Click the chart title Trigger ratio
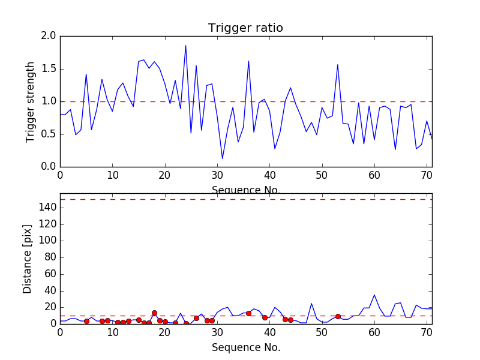245,28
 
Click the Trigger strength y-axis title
31,101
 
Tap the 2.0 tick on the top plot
49,37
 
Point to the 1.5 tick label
49,69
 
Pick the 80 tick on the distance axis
49,257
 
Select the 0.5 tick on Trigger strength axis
49,134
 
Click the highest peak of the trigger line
185,46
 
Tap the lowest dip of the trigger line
223,158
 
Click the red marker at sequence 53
338,316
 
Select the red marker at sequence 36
248,313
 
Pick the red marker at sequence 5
86,321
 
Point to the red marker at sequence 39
265,317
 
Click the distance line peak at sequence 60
374,295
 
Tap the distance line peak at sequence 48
311,304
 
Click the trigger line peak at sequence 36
248,61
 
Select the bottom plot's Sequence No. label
245,347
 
